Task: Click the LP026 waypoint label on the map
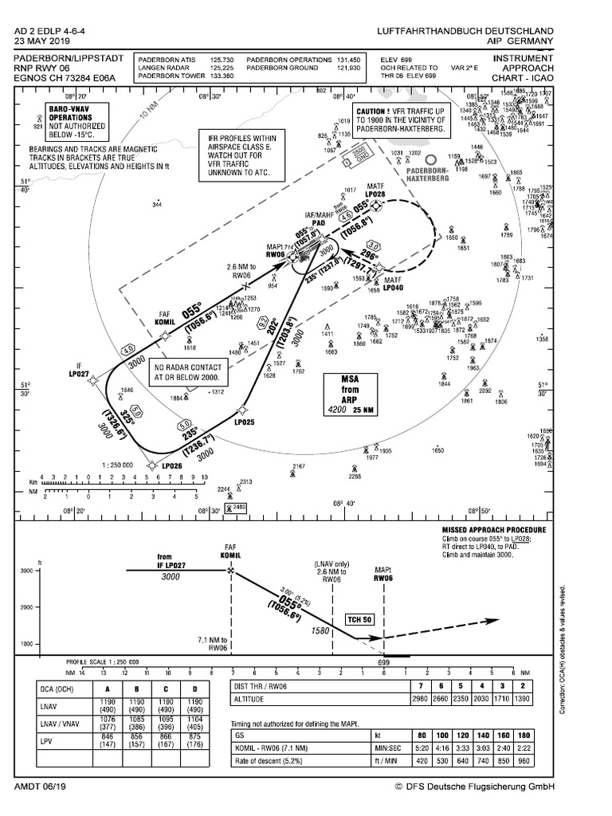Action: pos(173,465)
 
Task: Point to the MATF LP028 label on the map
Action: pos(375,190)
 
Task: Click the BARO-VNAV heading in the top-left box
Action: pos(70,112)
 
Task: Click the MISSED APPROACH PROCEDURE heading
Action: pos(494,529)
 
